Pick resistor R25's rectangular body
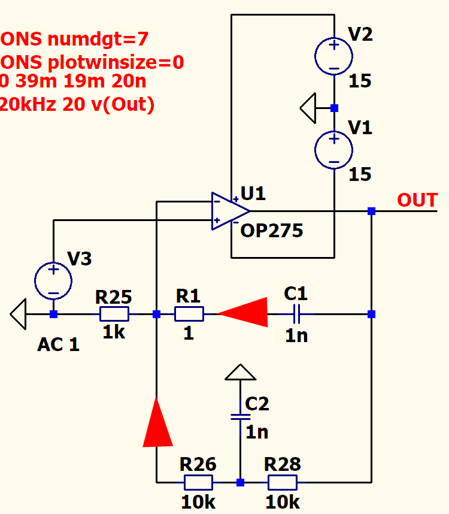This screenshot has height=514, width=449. click(x=114, y=314)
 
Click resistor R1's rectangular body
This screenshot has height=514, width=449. click(x=189, y=314)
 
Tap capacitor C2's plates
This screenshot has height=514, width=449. click(x=240, y=416)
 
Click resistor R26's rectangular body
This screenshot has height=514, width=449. click(x=198, y=482)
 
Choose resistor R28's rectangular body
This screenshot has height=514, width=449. click(x=283, y=482)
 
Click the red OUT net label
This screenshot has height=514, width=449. click(x=417, y=200)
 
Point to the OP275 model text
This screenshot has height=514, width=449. click(x=272, y=231)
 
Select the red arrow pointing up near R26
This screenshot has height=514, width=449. click(x=157, y=422)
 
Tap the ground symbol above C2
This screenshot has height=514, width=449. click(x=240, y=373)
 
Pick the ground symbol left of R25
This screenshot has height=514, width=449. click(x=19, y=314)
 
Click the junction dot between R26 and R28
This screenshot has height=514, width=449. click(x=240, y=482)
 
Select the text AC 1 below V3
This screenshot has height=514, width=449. click(x=59, y=345)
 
